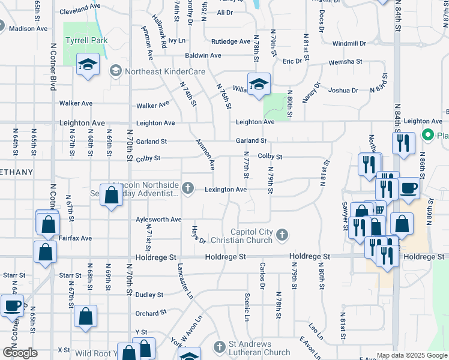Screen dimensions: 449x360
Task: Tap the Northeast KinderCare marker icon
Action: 115,71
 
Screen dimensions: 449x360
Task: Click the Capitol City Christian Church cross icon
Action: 283,235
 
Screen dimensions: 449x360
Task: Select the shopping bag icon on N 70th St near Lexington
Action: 111,195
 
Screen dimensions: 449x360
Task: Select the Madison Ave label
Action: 28,28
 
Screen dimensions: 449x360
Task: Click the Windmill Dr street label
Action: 349,43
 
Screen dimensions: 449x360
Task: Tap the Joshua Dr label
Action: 343,91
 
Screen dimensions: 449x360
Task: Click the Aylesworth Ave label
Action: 158,220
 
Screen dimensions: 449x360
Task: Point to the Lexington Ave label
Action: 226,190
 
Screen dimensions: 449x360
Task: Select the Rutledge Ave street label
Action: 231,41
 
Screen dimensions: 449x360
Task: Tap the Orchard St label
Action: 150,313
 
